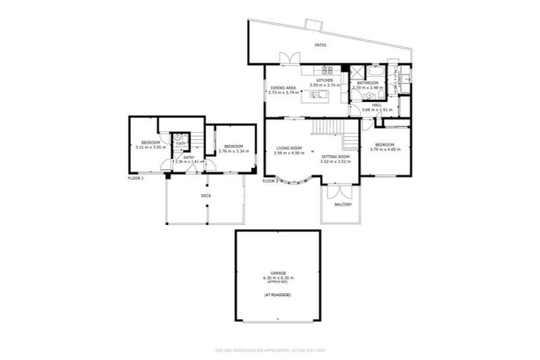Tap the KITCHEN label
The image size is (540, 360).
(x=324, y=81)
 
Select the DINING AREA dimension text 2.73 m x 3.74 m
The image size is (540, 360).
(x=282, y=93)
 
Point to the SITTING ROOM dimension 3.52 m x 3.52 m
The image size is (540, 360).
(x=335, y=162)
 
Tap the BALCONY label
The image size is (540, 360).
(x=342, y=204)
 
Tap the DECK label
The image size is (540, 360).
(x=206, y=195)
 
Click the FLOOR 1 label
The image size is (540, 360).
(x=136, y=178)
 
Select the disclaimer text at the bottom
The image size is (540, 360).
(x=270, y=349)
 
